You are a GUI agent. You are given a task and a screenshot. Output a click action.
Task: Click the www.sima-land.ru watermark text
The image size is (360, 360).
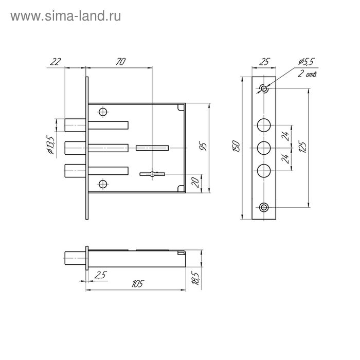click(x=66, y=16)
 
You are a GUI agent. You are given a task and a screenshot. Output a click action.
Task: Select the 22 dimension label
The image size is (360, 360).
click(x=56, y=62)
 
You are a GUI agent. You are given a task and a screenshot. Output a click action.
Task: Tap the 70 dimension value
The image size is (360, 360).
click(x=121, y=62)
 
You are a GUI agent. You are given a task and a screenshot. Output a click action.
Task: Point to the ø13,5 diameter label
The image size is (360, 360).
click(x=50, y=145)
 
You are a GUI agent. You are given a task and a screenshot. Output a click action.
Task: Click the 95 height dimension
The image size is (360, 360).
click(x=203, y=147)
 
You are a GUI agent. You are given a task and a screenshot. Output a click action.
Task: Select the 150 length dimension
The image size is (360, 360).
click(x=237, y=147)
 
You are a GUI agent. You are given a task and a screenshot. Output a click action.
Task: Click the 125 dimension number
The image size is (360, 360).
click(x=302, y=148)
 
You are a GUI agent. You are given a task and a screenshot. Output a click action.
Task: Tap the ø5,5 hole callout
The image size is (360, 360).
click(x=306, y=62)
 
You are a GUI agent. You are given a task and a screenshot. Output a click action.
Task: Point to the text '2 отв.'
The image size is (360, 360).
click(x=307, y=74)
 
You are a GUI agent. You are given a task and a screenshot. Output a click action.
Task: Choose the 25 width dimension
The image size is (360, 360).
click(x=264, y=62)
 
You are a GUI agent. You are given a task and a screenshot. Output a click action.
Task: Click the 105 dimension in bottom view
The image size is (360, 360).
click(x=137, y=284)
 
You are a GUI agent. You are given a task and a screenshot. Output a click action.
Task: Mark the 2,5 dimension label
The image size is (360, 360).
click(x=101, y=275)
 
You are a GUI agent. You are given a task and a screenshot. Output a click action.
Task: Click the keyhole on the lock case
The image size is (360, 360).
click(x=152, y=174)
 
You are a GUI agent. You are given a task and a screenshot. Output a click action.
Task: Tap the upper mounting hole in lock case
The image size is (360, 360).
click(x=103, y=112)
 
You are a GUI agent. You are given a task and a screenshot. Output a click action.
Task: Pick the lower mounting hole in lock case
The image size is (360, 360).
click(x=103, y=184)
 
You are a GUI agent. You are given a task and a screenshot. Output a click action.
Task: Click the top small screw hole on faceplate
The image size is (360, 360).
click(x=264, y=88)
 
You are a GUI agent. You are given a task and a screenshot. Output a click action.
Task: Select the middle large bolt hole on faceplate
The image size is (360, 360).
click(x=264, y=148)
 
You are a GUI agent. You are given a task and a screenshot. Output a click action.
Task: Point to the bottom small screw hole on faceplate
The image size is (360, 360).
click(x=264, y=207)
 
